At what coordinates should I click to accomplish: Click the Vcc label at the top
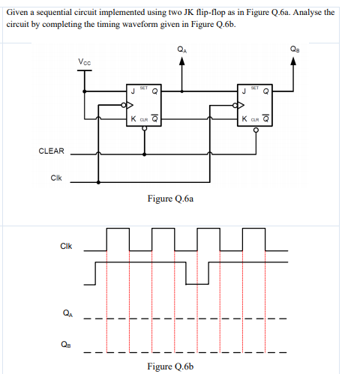click(84, 61)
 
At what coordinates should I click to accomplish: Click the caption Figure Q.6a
click(172, 199)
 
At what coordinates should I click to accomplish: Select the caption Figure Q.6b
click(172, 366)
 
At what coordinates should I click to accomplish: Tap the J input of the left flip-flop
click(133, 92)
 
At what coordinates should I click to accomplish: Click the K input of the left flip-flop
click(133, 118)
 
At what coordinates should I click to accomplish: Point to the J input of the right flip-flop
click(243, 92)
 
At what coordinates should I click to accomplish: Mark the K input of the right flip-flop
click(243, 118)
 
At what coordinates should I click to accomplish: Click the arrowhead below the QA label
click(181, 63)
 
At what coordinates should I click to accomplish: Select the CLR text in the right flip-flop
click(254, 119)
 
